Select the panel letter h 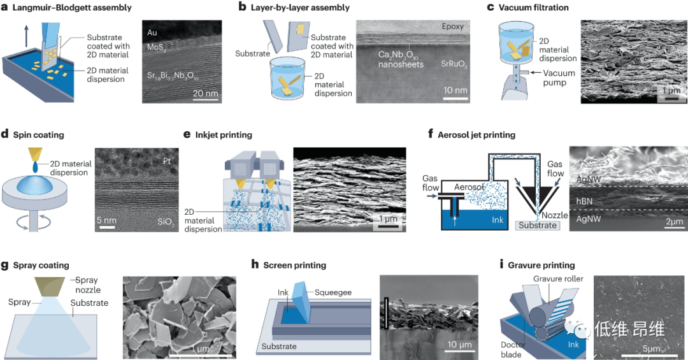click(256, 265)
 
